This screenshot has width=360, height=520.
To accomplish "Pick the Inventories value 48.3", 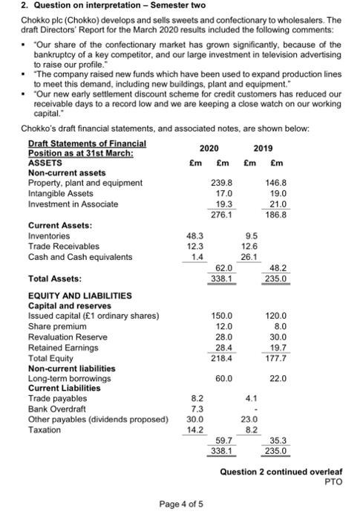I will [x=193, y=235].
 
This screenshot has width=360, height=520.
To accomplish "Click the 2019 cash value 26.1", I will [x=250, y=257].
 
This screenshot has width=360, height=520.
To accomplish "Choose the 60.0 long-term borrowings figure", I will [x=223, y=378].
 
